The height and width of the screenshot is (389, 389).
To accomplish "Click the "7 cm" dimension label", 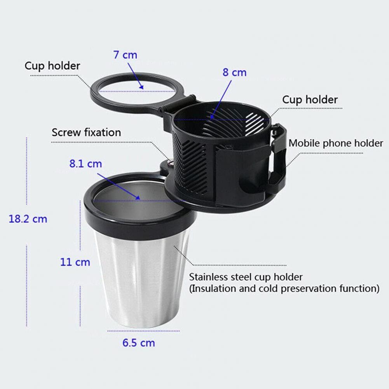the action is click(x=125, y=55).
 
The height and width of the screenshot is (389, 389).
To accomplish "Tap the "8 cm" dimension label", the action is click(x=234, y=72).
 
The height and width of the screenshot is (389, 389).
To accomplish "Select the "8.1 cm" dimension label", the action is click(x=85, y=164).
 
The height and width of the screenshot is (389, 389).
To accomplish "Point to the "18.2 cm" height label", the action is click(x=28, y=219).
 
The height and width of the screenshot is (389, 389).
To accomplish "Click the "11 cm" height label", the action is click(x=75, y=262).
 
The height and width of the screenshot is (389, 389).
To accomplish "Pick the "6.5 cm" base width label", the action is click(x=139, y=343).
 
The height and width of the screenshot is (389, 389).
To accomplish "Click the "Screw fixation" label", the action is click(x=86, y=132).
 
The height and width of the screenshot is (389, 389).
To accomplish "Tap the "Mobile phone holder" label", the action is click(x=336, y=143).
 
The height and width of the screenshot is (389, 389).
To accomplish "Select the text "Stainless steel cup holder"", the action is click(x=246, y=277).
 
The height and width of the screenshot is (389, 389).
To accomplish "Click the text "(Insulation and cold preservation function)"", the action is click(x=284, y=288).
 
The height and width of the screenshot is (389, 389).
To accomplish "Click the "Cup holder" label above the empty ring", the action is click(x=52, y=66).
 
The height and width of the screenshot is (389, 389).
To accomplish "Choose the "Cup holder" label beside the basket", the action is click(x=310, y=99).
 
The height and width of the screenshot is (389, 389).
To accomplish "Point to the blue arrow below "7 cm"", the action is click(x=136, y=76).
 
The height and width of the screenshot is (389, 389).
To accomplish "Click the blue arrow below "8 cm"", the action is click(x=221, y=100).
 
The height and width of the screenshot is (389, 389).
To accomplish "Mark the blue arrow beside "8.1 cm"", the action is click(x=119, y=186).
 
